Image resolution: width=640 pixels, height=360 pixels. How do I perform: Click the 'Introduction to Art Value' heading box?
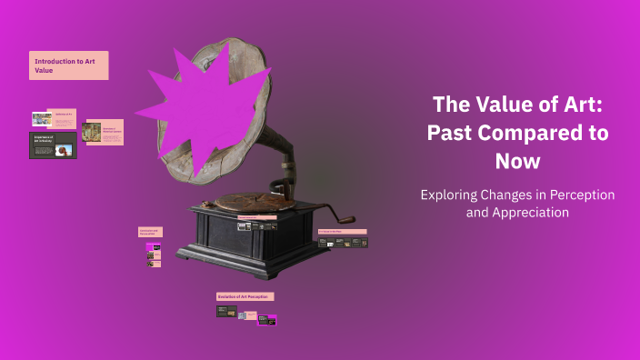(68, 65)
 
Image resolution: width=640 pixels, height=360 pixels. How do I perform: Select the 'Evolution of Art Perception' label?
(245, 296)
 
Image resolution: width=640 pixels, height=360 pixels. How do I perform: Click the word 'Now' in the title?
(518, 162)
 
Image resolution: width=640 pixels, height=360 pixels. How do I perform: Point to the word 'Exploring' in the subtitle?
(450, 195)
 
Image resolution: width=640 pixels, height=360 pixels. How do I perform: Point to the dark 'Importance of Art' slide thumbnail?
(53, 145)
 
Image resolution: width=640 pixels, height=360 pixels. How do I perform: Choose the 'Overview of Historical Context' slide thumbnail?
(102, 132)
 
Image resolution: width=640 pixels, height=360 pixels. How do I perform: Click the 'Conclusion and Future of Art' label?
(150, 233)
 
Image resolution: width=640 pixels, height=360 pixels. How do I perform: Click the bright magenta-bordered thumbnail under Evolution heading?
(266, 319)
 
